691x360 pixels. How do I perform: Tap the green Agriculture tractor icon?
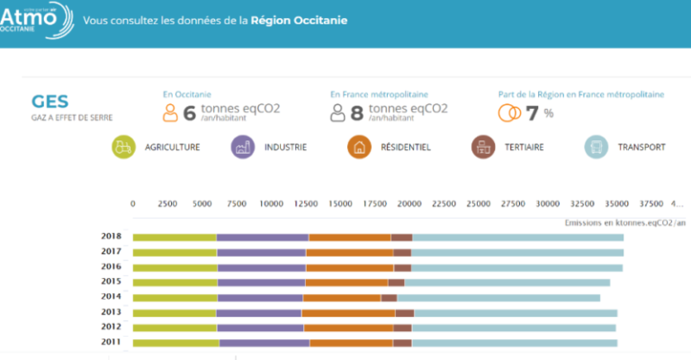coord(124,147)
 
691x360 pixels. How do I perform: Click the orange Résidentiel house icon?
coord(359,147)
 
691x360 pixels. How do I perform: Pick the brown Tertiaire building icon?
coord(483,147)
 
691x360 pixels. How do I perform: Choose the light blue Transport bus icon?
coord(597,147)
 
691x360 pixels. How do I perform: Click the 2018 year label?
coord(112,237)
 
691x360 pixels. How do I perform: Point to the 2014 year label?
coord(112,297)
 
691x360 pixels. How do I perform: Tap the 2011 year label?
coord(112,342)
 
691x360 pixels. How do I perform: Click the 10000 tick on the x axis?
coord(271,203)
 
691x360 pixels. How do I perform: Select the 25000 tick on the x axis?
coord(479,203)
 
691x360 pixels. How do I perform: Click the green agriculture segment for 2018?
coord(175,238)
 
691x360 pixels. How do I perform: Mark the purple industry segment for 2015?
coord(261,283)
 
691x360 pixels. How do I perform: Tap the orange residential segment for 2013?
coord(348,312)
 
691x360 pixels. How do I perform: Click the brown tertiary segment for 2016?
coord(402,267)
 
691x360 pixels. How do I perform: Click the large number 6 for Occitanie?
coord(189,112)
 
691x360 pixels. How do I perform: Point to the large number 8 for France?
coord(356,112)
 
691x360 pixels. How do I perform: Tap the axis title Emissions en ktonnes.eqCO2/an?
coord(624,222)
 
